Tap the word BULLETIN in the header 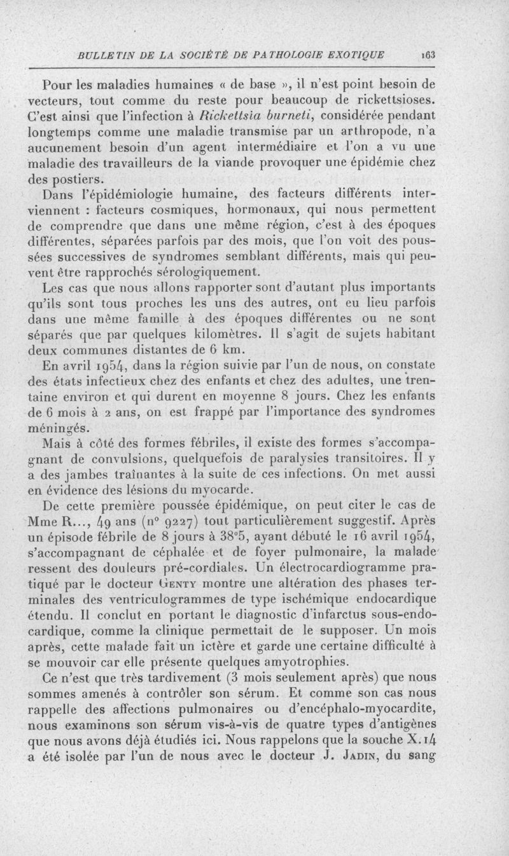point(104,55)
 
